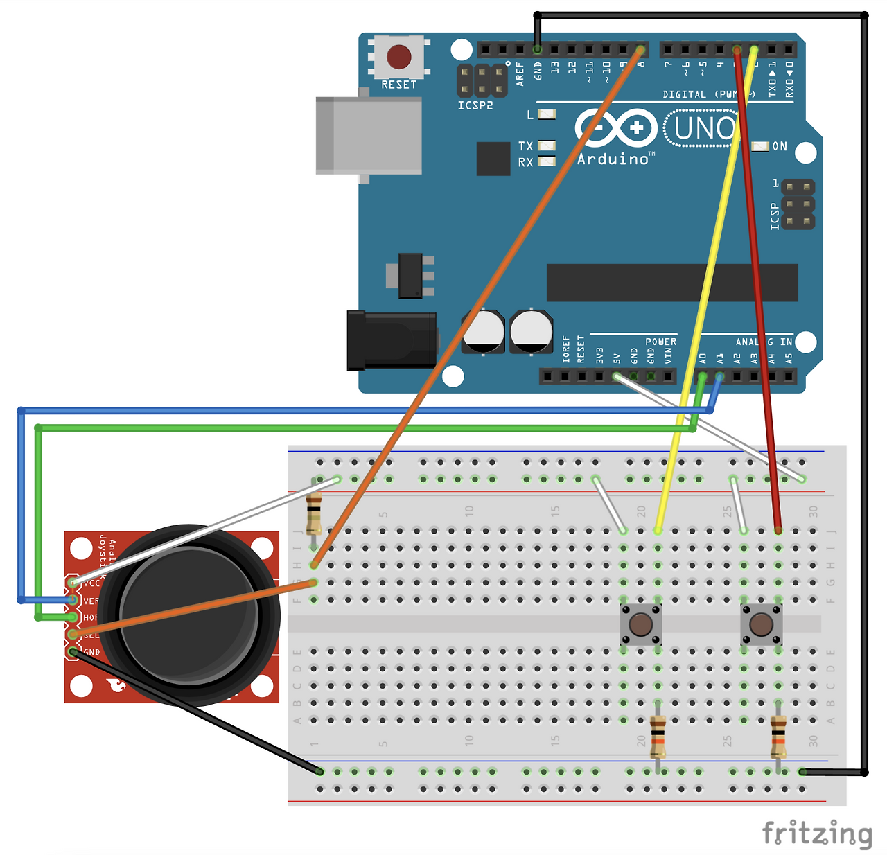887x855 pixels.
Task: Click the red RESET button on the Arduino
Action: coord(398,57)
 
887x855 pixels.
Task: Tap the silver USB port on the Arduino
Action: coord(369,136)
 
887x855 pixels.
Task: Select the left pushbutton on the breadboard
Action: coord(640,624)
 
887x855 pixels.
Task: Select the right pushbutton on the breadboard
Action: coord(761,624)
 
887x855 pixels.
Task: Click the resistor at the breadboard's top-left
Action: coord(314,513)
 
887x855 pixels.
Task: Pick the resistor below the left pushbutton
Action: coord(658,737)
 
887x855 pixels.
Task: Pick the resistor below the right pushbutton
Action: coord(778,737)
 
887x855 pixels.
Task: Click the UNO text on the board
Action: coord(703,128)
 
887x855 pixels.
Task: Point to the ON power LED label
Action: coord(780,146)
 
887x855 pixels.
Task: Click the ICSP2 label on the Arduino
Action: coord(475,105)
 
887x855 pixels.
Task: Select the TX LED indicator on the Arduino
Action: coord(547,146)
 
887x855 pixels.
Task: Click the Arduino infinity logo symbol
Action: coord(615,128)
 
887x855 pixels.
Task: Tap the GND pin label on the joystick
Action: coord(91,652)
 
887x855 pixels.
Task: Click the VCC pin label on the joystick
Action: coord(91,583)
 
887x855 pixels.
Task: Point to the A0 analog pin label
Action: coord(703,358)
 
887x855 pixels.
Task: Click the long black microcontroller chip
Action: coord(671,282)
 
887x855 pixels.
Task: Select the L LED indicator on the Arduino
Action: coord(547,114)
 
